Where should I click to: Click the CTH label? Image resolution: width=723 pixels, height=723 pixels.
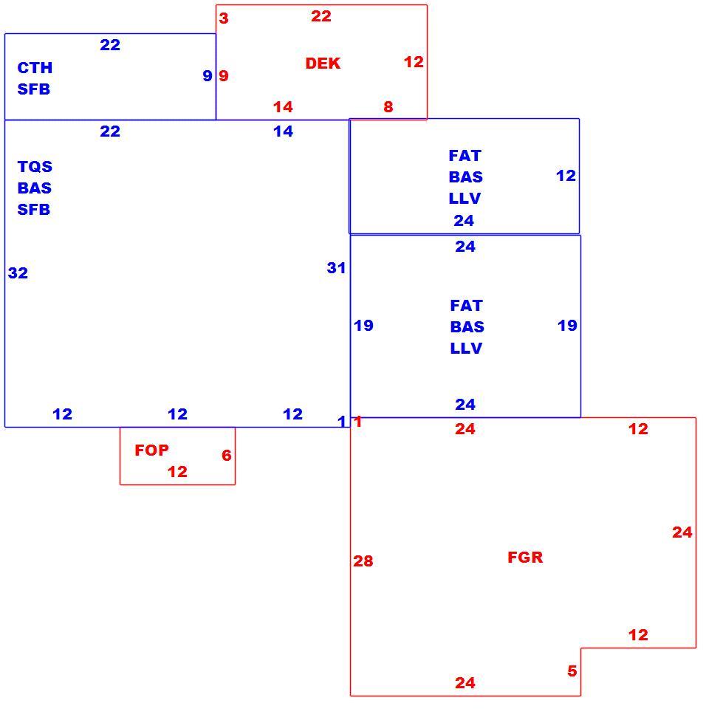tap(35, 68)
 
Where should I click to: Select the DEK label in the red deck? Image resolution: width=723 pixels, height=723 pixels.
tap(323, 64)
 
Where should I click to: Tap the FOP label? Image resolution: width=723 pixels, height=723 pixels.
tap(151, 450)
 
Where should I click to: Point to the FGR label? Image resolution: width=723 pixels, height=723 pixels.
tap(525, 557)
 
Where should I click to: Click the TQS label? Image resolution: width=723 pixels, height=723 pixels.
tap(35, 166)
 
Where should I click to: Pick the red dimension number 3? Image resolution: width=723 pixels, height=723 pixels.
tap(224, 18)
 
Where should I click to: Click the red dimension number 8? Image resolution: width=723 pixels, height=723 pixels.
tap(388, 107)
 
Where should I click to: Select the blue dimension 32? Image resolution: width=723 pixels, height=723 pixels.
tap(18, 273)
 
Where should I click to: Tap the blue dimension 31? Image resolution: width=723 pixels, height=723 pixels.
tap(336, 268)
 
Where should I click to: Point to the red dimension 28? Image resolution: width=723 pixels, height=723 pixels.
tap(363, 561)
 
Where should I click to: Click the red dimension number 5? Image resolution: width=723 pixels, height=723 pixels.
tap(572, 671)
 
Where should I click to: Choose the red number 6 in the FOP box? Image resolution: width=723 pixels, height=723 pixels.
tap(227, 456)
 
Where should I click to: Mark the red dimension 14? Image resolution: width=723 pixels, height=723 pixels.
tap(283, 107)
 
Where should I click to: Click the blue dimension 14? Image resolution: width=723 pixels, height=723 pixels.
tap(283, 131)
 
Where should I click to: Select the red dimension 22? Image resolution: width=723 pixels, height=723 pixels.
tap(321, 16)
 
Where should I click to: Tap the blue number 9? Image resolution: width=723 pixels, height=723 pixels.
tap(208, 75)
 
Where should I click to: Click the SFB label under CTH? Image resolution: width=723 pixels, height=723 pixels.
tap(34, 89)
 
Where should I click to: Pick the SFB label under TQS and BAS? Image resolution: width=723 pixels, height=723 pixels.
tap(34, 210)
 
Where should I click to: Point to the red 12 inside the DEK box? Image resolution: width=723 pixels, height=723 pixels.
tap(414, 62)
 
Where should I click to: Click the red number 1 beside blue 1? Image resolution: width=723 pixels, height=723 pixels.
tap(358, 422)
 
